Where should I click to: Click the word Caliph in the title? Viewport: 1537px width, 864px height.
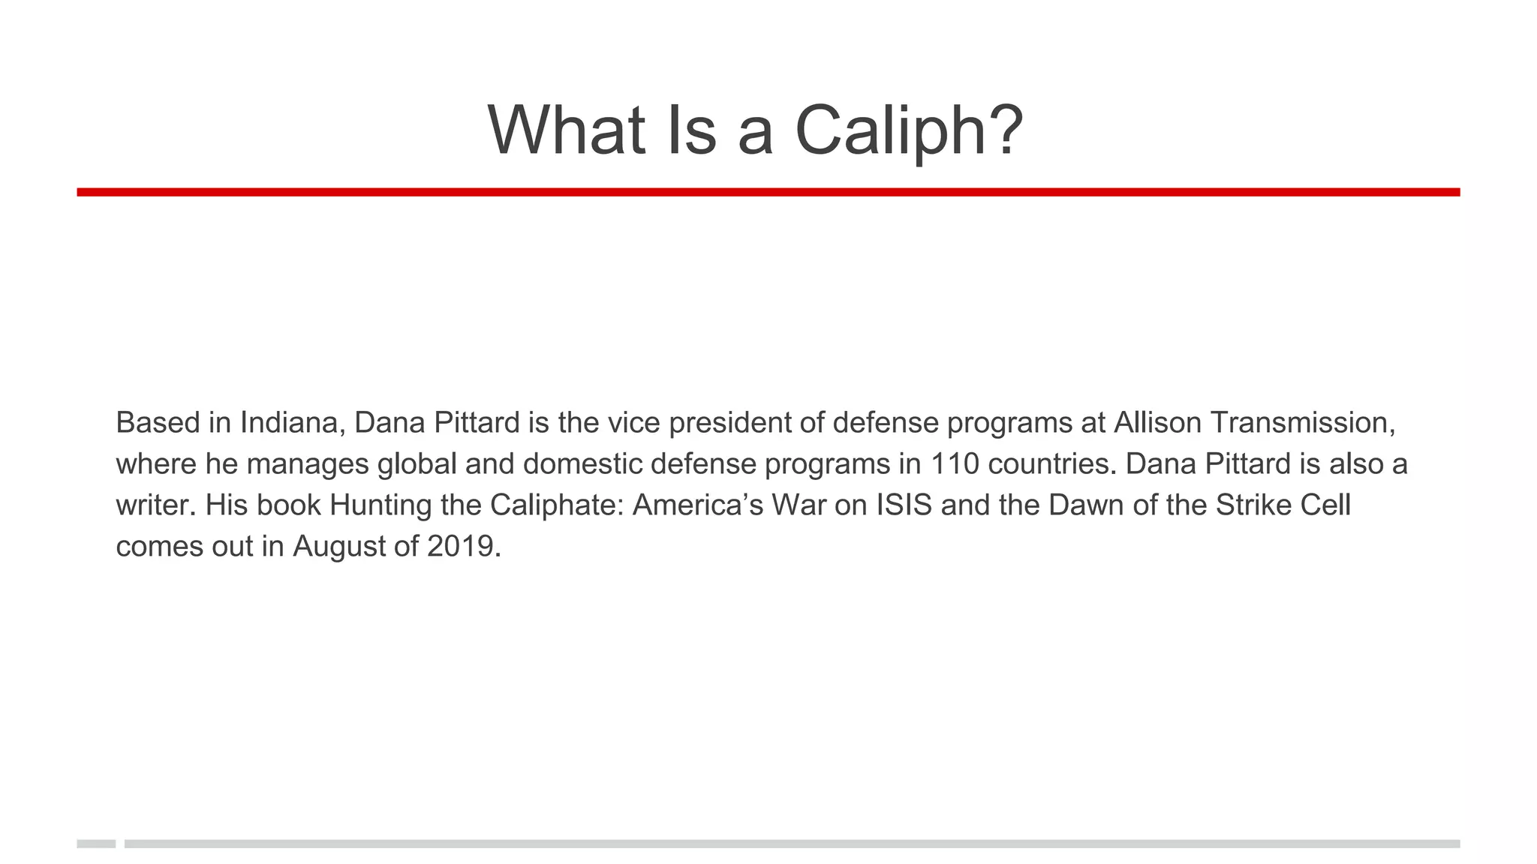click(x=898, y=130)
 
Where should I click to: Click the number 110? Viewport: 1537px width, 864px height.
click(x=955, y=464)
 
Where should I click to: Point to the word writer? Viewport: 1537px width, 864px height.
click(x=156, y=505)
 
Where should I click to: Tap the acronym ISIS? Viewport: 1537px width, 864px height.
click(x=904, y=505)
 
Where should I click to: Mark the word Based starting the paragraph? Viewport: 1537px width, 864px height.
click(x=158, y=423)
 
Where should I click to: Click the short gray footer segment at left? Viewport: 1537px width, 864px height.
click(x=96, y=844)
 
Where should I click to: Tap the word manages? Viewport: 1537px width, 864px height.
click(x=308, y=464)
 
